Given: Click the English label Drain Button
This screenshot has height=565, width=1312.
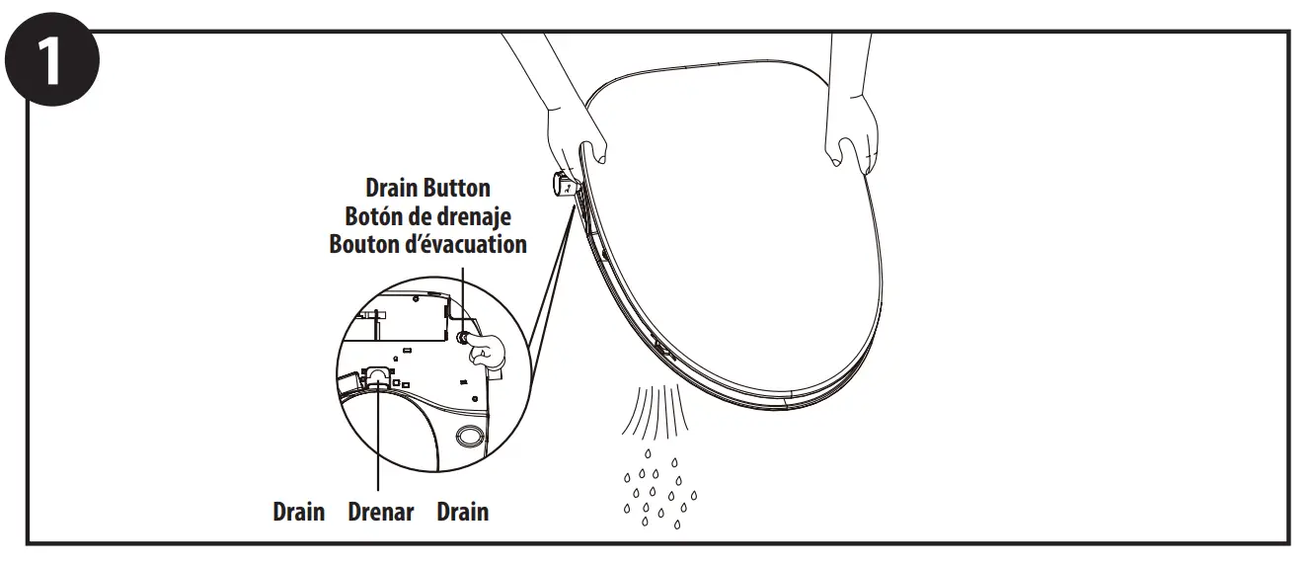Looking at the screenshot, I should coord(427,188).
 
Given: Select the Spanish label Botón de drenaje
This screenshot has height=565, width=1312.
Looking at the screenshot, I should coord(427,215).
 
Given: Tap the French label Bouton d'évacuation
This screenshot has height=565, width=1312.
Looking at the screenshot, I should coord(427,243).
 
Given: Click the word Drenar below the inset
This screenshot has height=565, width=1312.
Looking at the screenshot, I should coord(381,512).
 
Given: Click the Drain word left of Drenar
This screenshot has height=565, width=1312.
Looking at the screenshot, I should coord(298,512).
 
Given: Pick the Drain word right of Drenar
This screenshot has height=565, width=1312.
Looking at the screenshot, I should coord(462,512).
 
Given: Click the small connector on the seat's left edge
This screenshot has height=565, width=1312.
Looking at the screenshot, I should coord(564,184).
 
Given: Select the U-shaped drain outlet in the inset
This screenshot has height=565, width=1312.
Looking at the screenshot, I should coord(378,374).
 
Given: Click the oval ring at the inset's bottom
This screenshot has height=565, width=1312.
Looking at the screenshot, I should coord(470,434).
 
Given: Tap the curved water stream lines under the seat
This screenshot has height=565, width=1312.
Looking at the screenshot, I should coord(653,411).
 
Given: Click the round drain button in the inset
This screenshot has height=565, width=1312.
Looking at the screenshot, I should coord(461,337).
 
